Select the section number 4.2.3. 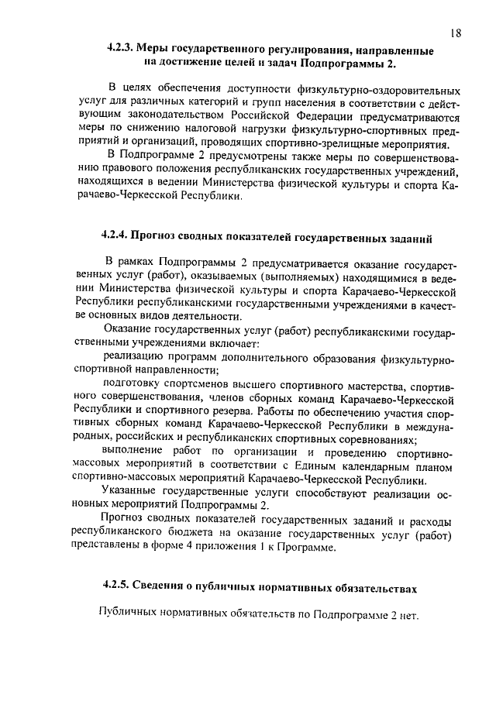point(123,50)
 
